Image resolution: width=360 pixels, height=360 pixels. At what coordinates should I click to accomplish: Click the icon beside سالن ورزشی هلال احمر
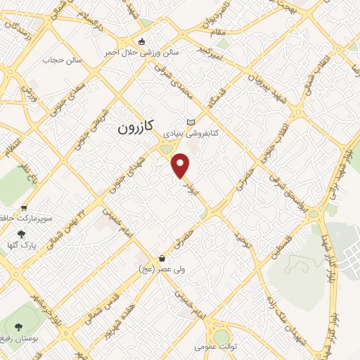(x=143, y=41)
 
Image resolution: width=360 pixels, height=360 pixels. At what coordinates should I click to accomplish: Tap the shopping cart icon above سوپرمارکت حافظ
(x=25, y=208)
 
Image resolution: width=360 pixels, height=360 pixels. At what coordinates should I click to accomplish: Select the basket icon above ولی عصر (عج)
(x=162, y=257)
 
